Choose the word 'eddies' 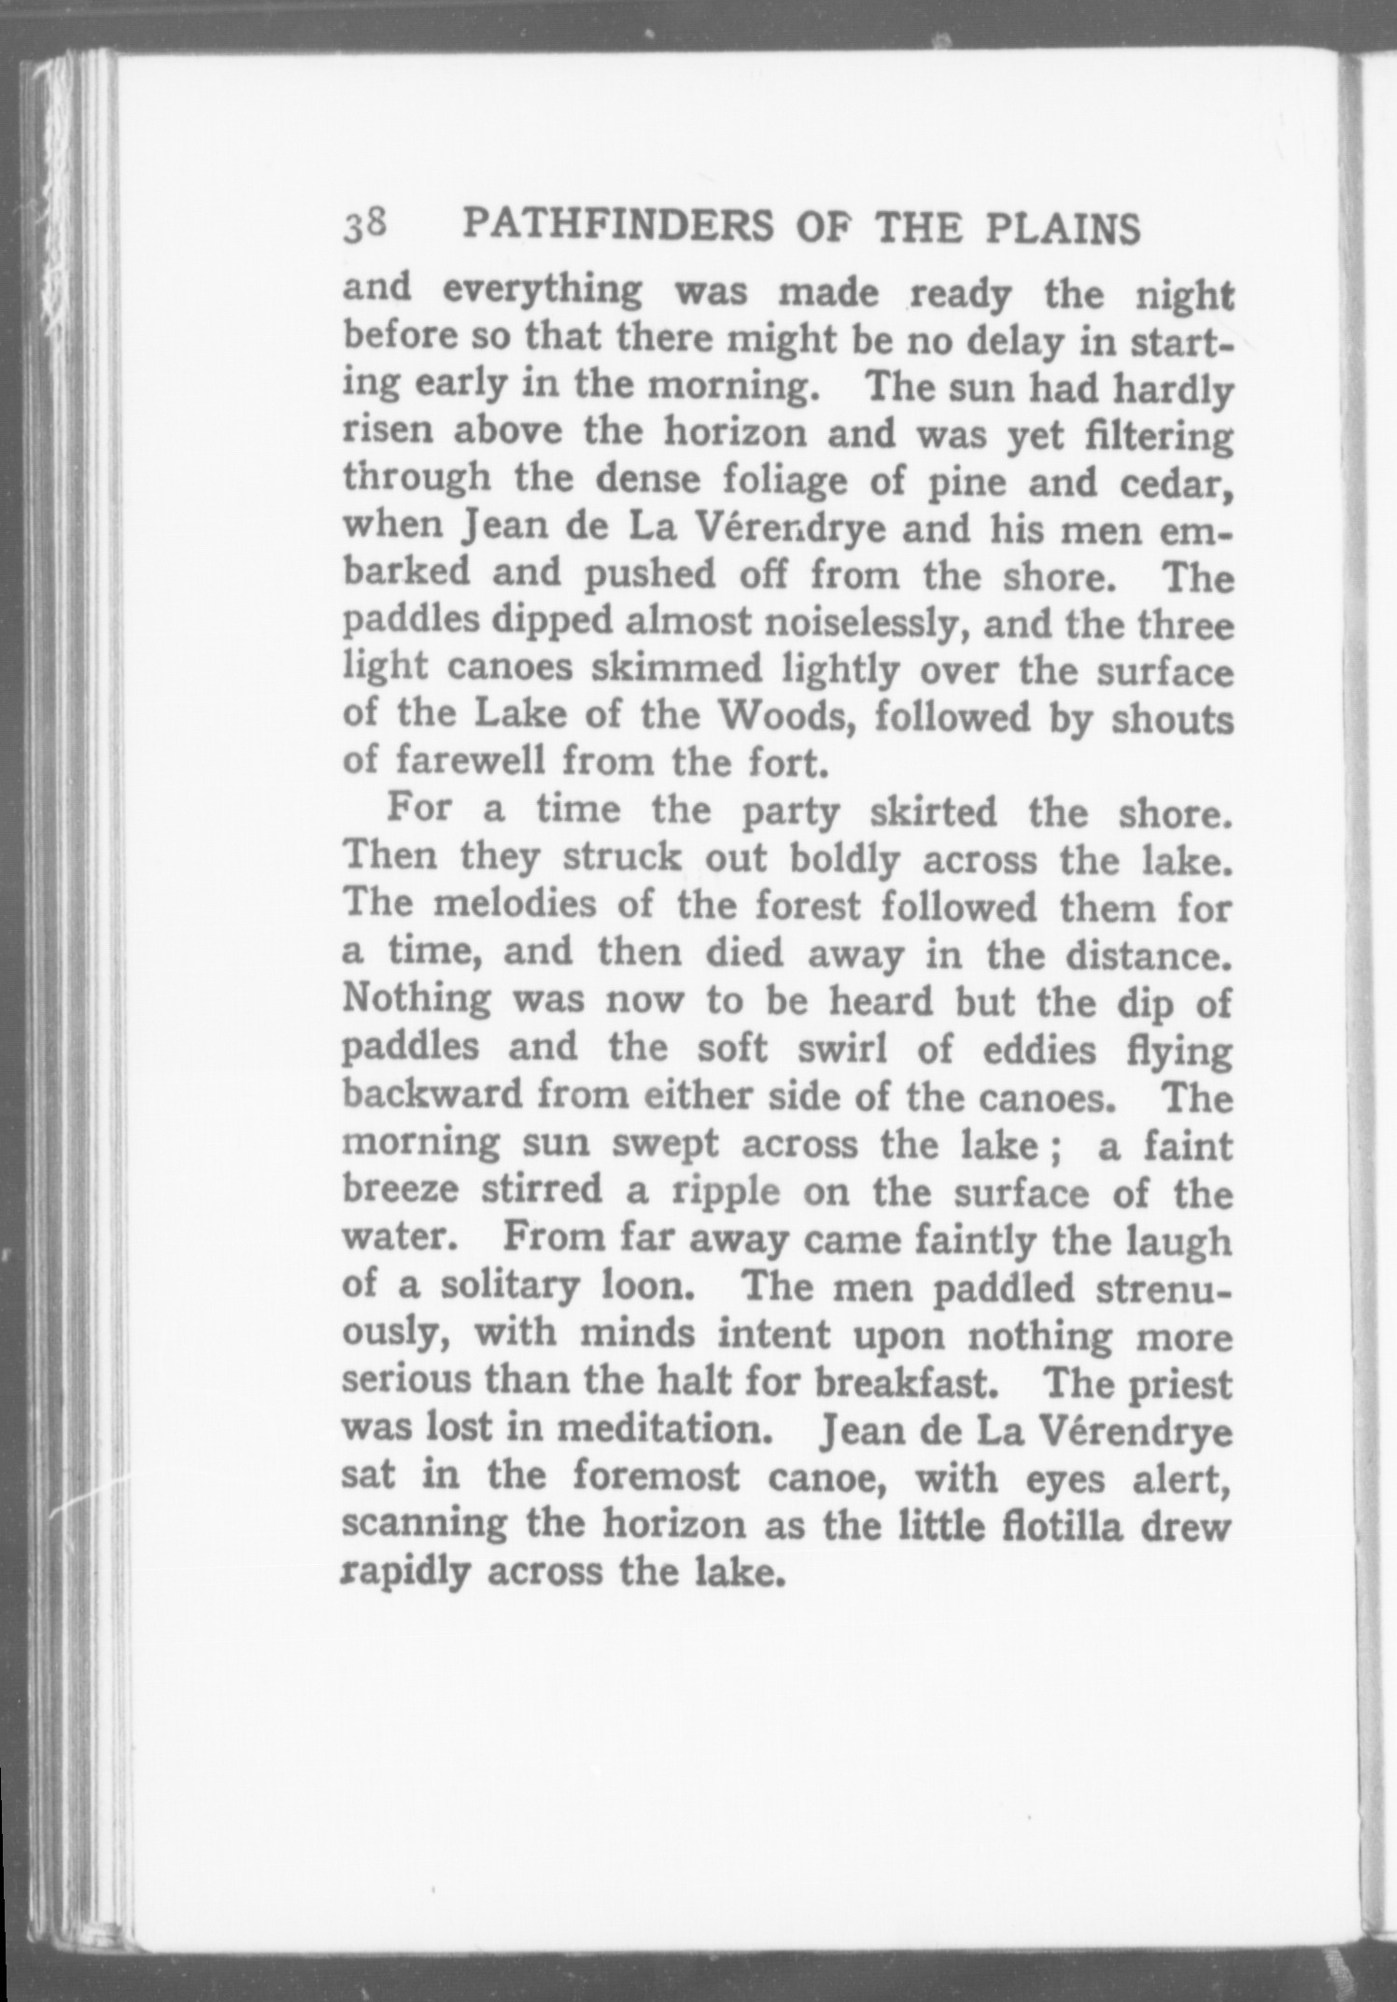point(1038,1050)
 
